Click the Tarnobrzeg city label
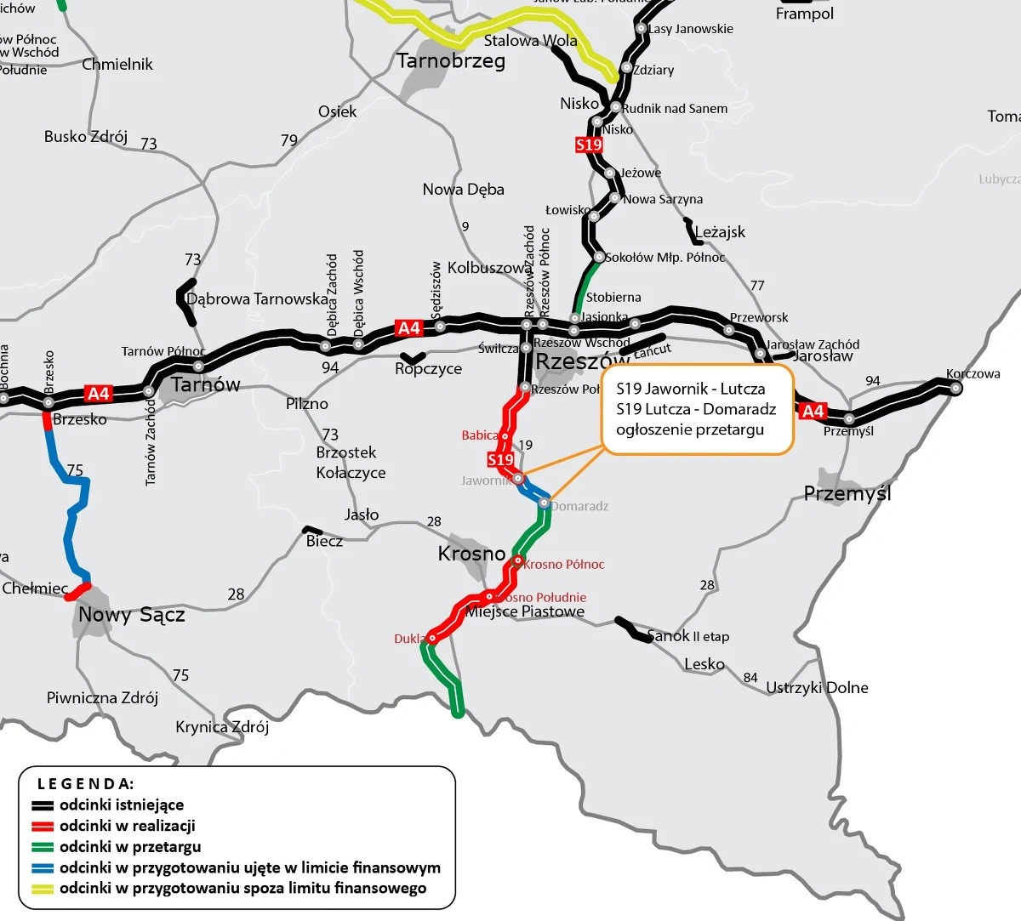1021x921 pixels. (x=451, y=61)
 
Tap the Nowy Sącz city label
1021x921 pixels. (x=131, y=615)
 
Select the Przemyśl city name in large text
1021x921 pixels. (x=847, y=493)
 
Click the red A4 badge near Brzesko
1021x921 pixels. (x=98, y=393)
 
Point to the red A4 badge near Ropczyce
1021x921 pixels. (x=409, y=327)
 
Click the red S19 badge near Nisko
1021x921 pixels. (x=589, y=145)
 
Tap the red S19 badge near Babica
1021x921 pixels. (x=500, y=459)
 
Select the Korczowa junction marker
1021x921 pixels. (x=955, y=388)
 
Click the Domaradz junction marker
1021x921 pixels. (x=544, y=503)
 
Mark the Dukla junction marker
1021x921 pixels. (x=432, y=638)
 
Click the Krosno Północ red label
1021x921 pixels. (x=563, y=564)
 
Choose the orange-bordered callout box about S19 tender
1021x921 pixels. (x=697, y=409)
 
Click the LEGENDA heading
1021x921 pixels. (x=85, y=783)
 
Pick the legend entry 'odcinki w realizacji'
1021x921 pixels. (x=128, y=826)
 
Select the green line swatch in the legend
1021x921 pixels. (x=43, y=847)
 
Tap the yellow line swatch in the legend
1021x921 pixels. (x=43, y=889)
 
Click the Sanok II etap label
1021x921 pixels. (x=687, y=636)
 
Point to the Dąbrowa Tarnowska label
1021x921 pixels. (x=257, y=299)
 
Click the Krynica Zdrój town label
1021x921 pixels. (x=222, y=727)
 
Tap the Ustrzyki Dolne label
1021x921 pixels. (x=817, y=687)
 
